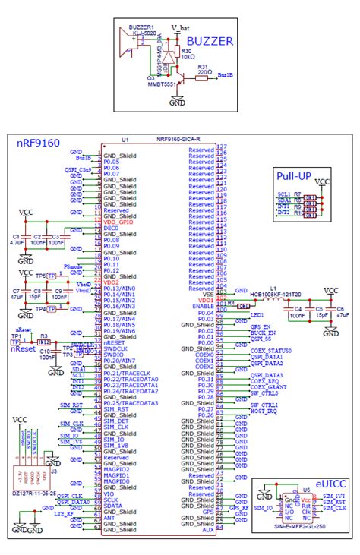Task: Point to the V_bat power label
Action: tap(179, 27)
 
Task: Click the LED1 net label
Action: tap(257, 314)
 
